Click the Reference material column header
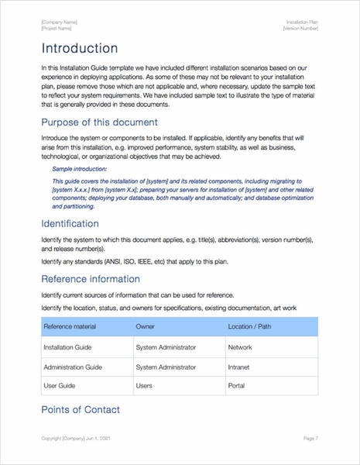[x=70, y=326]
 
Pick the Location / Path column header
[x=250, y=326]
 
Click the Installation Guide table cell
[x=68, y=348]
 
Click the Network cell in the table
[x=239, y=348]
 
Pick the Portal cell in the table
[x=236, y=385]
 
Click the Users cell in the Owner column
[x=143, y=385]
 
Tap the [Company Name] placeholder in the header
[x=59, y=22]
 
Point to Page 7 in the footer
[x=310, y=439]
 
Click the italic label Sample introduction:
[x=79, y=168]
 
